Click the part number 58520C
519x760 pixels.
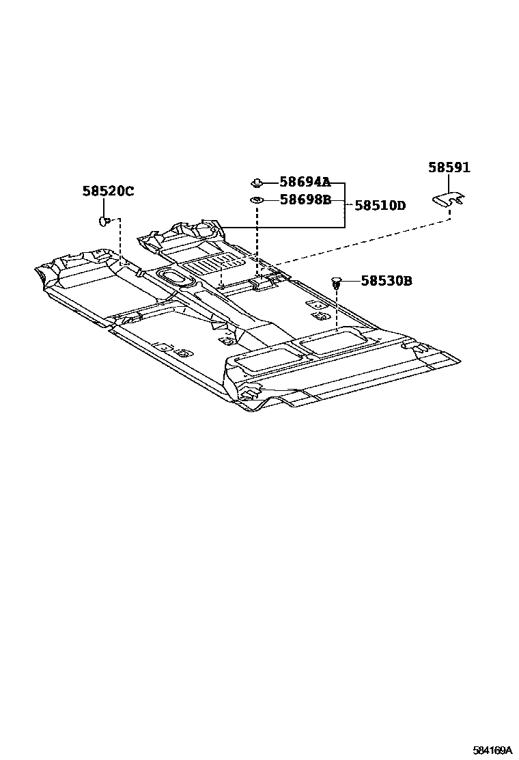[109, 191]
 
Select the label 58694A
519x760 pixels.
[305, 182]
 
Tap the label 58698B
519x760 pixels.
[305, 200]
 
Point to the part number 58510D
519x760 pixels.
[380, 205]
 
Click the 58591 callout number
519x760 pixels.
[449, 167]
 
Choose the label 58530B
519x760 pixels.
[387, 280]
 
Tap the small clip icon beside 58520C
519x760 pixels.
[104, 220]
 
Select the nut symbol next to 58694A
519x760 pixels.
[257, 182]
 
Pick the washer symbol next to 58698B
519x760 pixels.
[257, 200]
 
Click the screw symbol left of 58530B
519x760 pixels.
[336, 281]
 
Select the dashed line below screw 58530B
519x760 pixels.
[337, 308]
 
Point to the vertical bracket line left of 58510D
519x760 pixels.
[345, 205]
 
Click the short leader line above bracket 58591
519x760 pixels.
[449, 183]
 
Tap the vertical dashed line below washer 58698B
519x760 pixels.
[257, 236]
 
